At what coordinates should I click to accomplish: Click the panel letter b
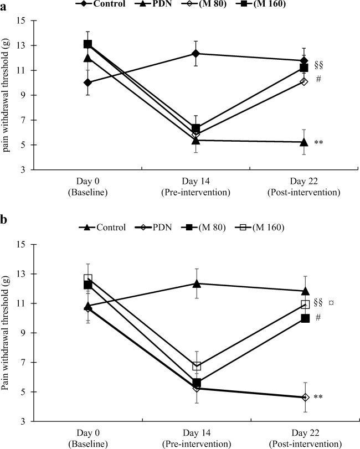pos(4,220)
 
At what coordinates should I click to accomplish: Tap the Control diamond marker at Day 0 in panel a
pos(88,82)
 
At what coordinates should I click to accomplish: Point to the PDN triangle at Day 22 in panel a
pos(304,142)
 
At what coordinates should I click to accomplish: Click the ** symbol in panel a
pos(319,143)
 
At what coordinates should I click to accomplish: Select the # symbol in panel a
pos(318,79)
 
